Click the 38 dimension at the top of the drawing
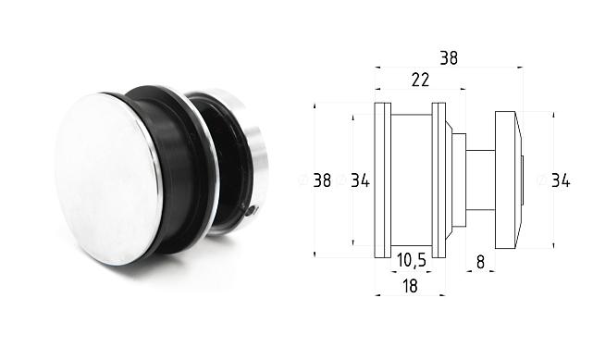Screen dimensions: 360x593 tap(449, 57)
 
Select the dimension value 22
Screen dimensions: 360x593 tap(420, 81)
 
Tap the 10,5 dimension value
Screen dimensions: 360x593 tap(411, 261)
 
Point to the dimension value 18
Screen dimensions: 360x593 tap(410, 286)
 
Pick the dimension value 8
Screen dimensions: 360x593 tap(480, 262)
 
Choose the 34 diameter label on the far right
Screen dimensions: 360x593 tap(560, 180)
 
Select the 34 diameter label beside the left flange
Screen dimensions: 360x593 tap(360, 180)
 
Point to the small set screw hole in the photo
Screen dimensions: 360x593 tap(253, 212)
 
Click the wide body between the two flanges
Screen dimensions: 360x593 tap(411, 180)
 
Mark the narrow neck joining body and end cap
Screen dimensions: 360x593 tap(479, 180)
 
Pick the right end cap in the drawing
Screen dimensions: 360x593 tap(507, 180)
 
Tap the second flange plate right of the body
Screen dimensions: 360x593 tap(439, 180)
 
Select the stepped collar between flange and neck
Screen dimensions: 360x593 tap(456, 180)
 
